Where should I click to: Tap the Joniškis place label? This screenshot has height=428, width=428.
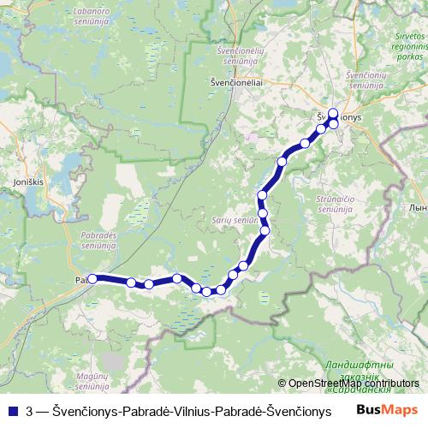(x=27, y=182)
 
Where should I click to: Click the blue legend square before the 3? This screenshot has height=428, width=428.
(x=12, y=412)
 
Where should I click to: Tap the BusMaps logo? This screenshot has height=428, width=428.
(x=388, y=411)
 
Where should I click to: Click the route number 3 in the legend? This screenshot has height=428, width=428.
(x=31, y=412)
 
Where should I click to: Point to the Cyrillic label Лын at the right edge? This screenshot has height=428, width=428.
(x=419, y=208)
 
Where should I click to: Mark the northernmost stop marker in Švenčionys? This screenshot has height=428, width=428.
(x=333, y=113)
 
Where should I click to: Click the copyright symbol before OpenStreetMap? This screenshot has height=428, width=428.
(x=282, y=383)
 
